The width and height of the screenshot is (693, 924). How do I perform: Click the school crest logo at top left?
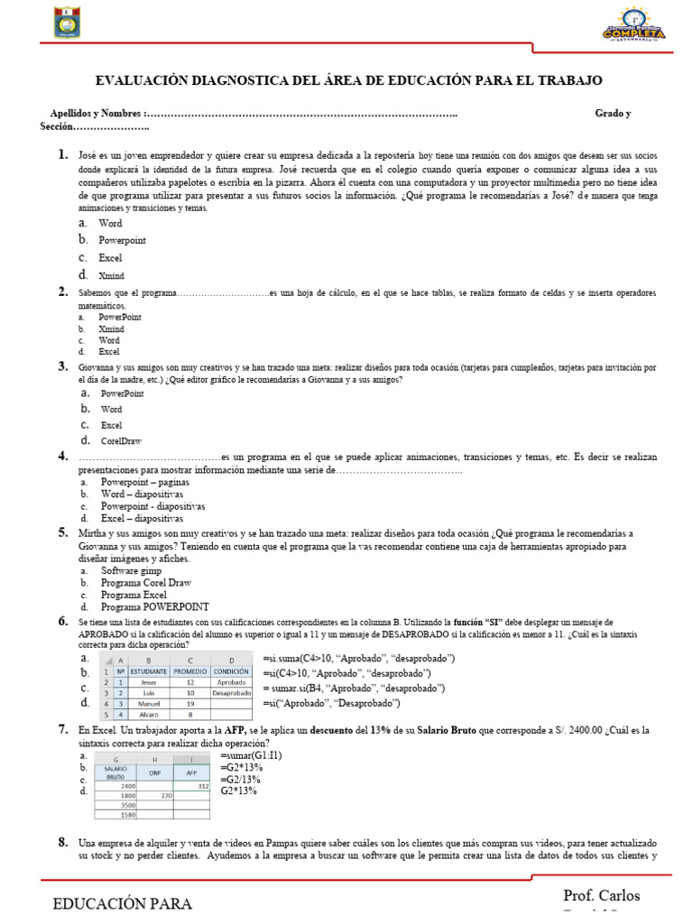coord(65,22)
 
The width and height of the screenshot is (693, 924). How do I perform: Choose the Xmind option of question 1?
coord(112,275)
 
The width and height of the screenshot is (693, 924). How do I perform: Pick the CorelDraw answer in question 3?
coord(121,441)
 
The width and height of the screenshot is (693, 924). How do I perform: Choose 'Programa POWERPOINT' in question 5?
coord(154,605)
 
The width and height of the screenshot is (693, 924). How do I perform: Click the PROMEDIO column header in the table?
coord(189,670)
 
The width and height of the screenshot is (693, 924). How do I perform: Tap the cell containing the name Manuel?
coord(149,704)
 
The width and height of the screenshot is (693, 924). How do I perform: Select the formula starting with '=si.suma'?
coord(359,658)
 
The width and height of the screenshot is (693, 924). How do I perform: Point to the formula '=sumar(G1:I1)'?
coord(251,754)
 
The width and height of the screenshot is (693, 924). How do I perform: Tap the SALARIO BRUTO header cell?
coord(115,772)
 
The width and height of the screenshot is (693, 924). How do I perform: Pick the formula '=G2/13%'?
coord(241,779)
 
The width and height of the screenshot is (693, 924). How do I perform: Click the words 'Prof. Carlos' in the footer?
coord(601,895)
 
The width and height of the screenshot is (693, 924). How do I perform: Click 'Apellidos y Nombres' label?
coord(97,114)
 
